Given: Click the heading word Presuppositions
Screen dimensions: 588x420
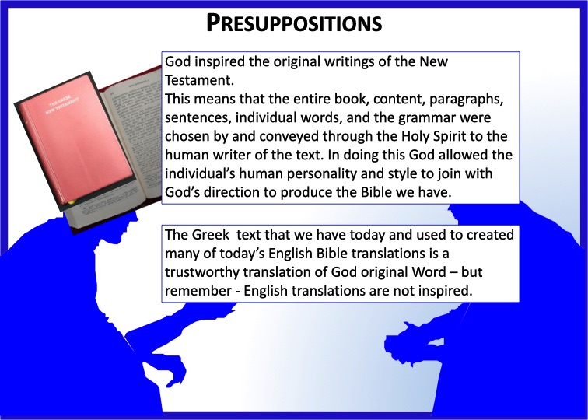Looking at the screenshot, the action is [294, 23].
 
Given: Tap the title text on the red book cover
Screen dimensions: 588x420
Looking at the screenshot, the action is [63, 106].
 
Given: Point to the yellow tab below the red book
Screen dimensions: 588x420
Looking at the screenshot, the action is [72, 201].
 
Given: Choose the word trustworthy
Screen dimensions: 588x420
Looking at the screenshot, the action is [202, 272].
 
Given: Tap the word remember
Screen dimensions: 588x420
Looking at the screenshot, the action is [198, 291].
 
